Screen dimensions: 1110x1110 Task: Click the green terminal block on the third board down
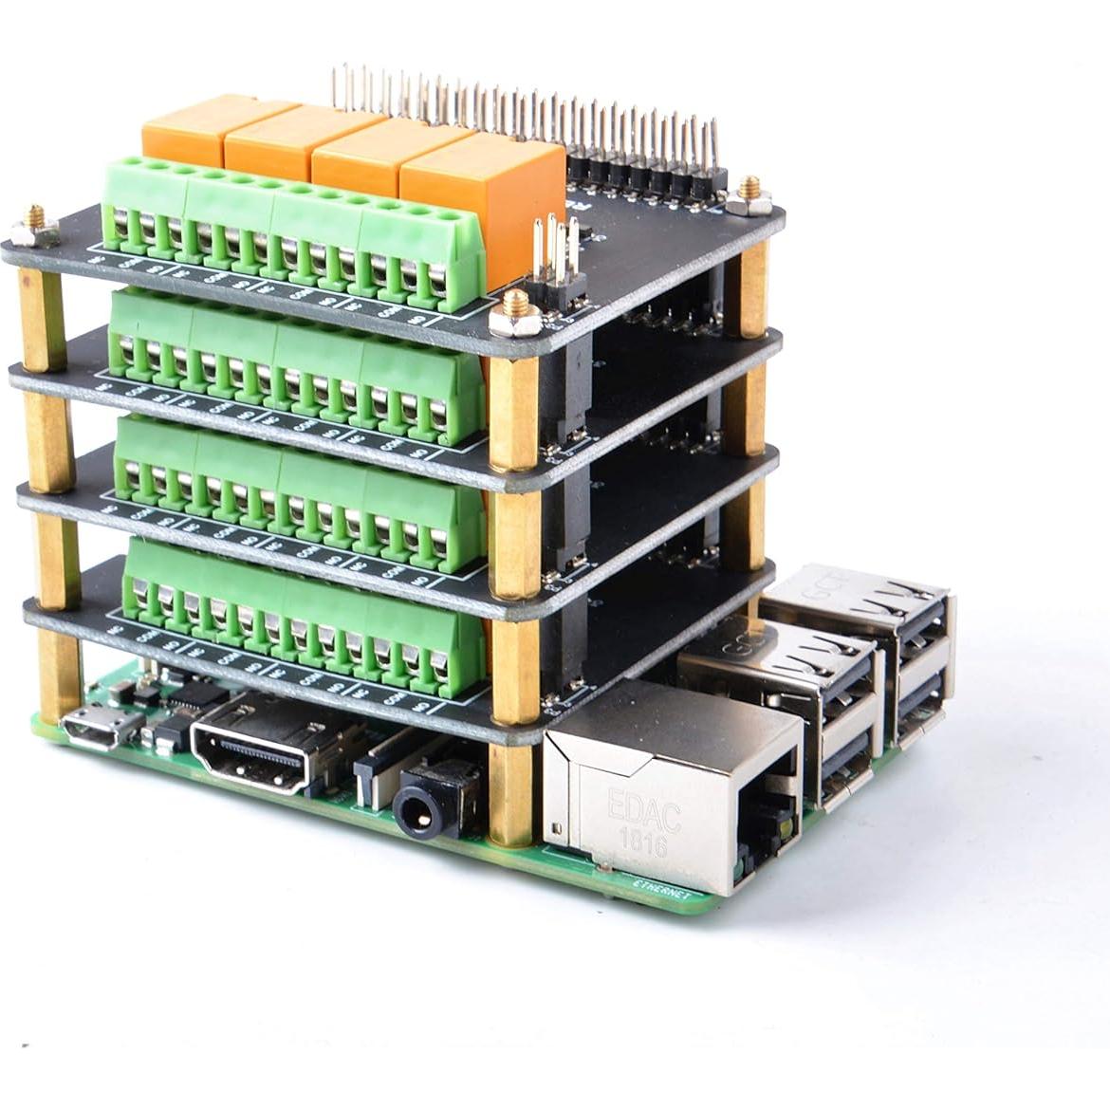pos(294,498)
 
